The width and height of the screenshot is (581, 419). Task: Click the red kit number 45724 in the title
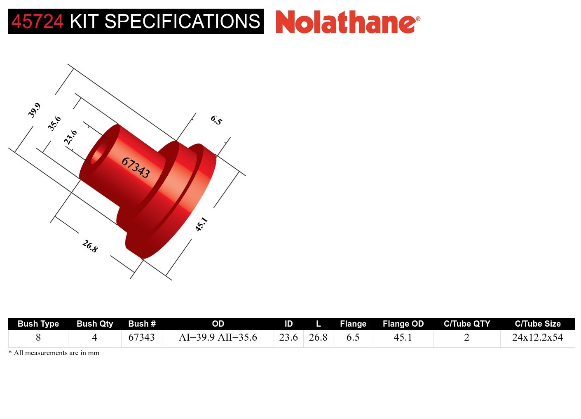(37, 21)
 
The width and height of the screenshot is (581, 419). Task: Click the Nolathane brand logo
(347, 22)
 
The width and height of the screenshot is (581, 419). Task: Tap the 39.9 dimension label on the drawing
(34, 110)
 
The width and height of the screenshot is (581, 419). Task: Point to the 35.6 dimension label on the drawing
(54, 123)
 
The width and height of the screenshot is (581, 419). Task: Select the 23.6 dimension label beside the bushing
(70, 137)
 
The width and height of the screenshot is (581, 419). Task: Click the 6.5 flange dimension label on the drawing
(216, 120)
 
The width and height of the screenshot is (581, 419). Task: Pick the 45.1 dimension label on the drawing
(201, 224)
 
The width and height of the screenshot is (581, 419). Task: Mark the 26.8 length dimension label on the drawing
(90, 246)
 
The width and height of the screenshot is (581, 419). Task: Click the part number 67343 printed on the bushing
(136, 167)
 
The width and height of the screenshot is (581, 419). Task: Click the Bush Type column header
(38, 324)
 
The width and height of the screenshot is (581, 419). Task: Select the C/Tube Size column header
(537, 324)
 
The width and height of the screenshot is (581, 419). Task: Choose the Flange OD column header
(403, 324)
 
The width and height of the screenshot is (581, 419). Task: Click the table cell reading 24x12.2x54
(537, 337)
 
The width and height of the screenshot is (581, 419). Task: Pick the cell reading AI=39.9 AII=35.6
(218, 337)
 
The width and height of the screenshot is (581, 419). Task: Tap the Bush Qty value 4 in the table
(94, 337)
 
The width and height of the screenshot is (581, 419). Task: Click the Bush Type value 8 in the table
(38, 337)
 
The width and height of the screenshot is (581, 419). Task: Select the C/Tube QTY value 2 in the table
(466, 337)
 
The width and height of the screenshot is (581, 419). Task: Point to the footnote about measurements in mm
(54, 353)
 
